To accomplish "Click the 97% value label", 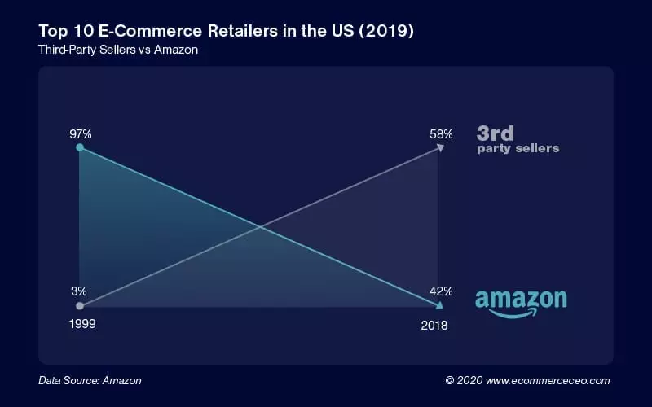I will coord(79,132).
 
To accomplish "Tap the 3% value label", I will coord(79,291).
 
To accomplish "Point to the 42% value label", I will coord(441,291).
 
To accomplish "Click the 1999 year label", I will coord(79,325).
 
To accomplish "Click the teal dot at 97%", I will coord(79,148).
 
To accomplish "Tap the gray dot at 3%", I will coord(79,306).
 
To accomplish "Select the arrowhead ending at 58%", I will coord(441,147).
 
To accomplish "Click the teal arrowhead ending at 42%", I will coord(440,306).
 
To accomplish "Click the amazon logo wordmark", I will coord(521,299).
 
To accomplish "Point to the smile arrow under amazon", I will coord(517,313).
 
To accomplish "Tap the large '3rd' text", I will coord(496,133).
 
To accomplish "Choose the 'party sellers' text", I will coord(518,149).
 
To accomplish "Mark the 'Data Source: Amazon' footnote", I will coord(90,380).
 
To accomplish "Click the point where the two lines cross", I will coord(260,227).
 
